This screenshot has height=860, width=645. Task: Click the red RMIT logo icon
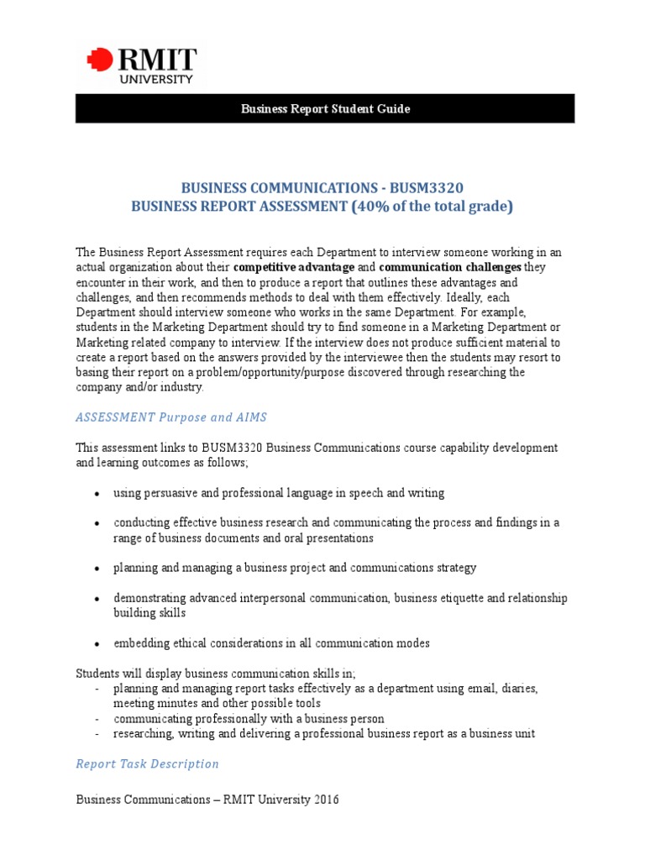99,60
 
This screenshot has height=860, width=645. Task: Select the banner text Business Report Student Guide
325,109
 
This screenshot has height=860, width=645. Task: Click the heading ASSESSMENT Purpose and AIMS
171,417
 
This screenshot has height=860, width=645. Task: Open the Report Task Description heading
147,763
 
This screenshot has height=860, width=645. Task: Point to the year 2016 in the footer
326,800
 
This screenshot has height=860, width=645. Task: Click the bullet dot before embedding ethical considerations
99,644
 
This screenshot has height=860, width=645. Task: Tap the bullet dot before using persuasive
99,494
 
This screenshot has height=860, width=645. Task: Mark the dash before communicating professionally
97,719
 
